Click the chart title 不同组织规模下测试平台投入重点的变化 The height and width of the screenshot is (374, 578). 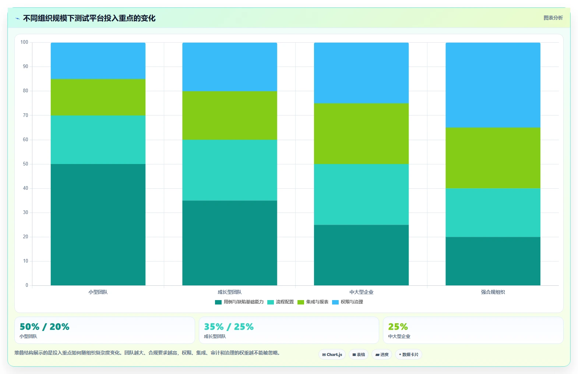coord(89,18)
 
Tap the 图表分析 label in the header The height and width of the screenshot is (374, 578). coord(553,18)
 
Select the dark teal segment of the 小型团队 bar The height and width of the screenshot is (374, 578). coord(98,225)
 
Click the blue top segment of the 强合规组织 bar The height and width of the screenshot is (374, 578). coord(493,85)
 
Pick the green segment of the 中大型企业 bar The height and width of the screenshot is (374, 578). coord(361,134)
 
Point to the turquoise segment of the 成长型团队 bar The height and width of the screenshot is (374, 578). coord(230,170)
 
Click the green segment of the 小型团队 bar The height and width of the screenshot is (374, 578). coord(98,97)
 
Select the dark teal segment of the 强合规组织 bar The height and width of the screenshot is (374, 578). coord(493,261)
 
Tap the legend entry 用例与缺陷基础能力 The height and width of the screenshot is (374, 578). coord(239,302)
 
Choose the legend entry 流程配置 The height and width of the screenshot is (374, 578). coord(281,302)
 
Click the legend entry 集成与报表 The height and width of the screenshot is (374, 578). coord(313,302)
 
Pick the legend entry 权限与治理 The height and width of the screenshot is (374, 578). coord(347,302)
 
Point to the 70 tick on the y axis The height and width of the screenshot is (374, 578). coord(25,115)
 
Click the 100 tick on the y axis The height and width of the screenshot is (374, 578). coord(24,42)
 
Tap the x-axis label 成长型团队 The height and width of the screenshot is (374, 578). coord(230,292)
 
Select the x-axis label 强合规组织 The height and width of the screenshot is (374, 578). coord(493,292)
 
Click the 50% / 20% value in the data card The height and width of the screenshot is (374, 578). coord(45,327)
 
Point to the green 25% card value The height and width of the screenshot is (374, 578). coord(398,327)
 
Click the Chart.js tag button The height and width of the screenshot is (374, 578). coord(332,355)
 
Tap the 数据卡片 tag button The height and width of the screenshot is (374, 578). coord(409,355)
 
